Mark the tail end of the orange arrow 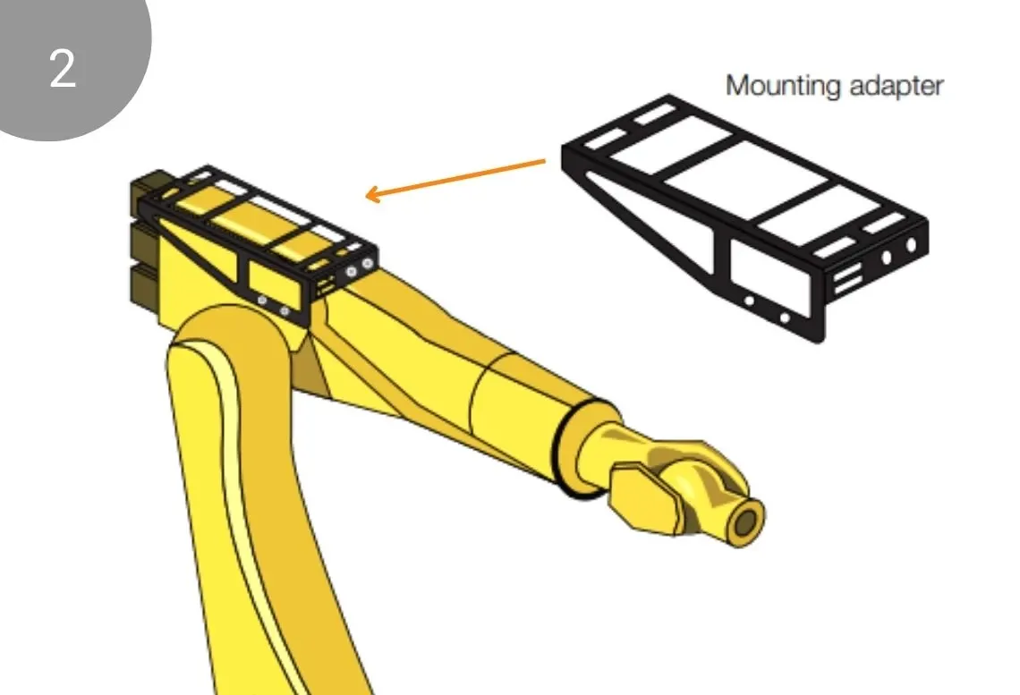[545, 161]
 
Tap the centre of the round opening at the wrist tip [746, 522]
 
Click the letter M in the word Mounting [737, 85]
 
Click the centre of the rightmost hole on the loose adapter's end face [911, 245]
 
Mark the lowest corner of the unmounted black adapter [819, 342]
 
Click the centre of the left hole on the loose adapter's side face [750, 301]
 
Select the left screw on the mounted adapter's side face [262, 300]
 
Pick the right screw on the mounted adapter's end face [368, 263]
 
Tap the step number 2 [63, 69]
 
